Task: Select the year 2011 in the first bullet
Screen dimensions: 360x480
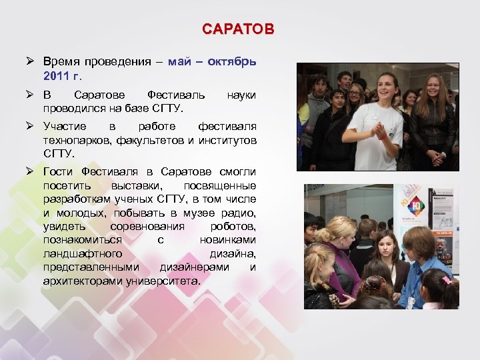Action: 56,75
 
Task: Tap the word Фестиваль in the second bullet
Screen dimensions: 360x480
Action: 176,95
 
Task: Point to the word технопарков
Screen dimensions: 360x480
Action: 78,140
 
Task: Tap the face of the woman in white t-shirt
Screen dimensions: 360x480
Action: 387,88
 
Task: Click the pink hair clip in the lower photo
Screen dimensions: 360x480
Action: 445,279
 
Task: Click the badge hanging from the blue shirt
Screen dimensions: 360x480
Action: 410,301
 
